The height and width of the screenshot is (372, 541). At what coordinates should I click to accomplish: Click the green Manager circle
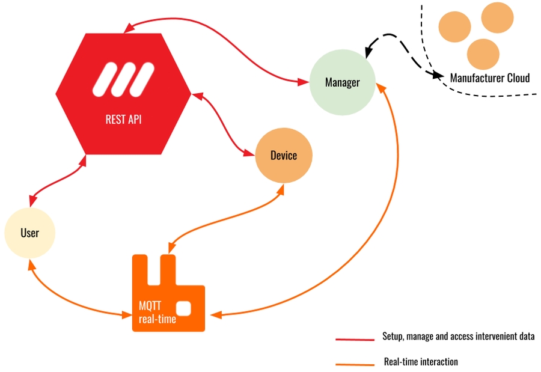coord(342,82)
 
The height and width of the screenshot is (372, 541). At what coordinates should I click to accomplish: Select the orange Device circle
coord(284,156)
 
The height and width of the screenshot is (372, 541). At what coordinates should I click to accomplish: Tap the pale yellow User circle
coord(29,233)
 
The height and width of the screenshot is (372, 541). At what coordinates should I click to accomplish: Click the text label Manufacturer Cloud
coord(490,78)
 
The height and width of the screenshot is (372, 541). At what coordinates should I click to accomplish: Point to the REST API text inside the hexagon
coord(123,119)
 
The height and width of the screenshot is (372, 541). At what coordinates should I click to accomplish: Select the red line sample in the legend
coord(355,339)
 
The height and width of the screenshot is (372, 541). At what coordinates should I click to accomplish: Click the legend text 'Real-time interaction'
coord(421,362)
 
